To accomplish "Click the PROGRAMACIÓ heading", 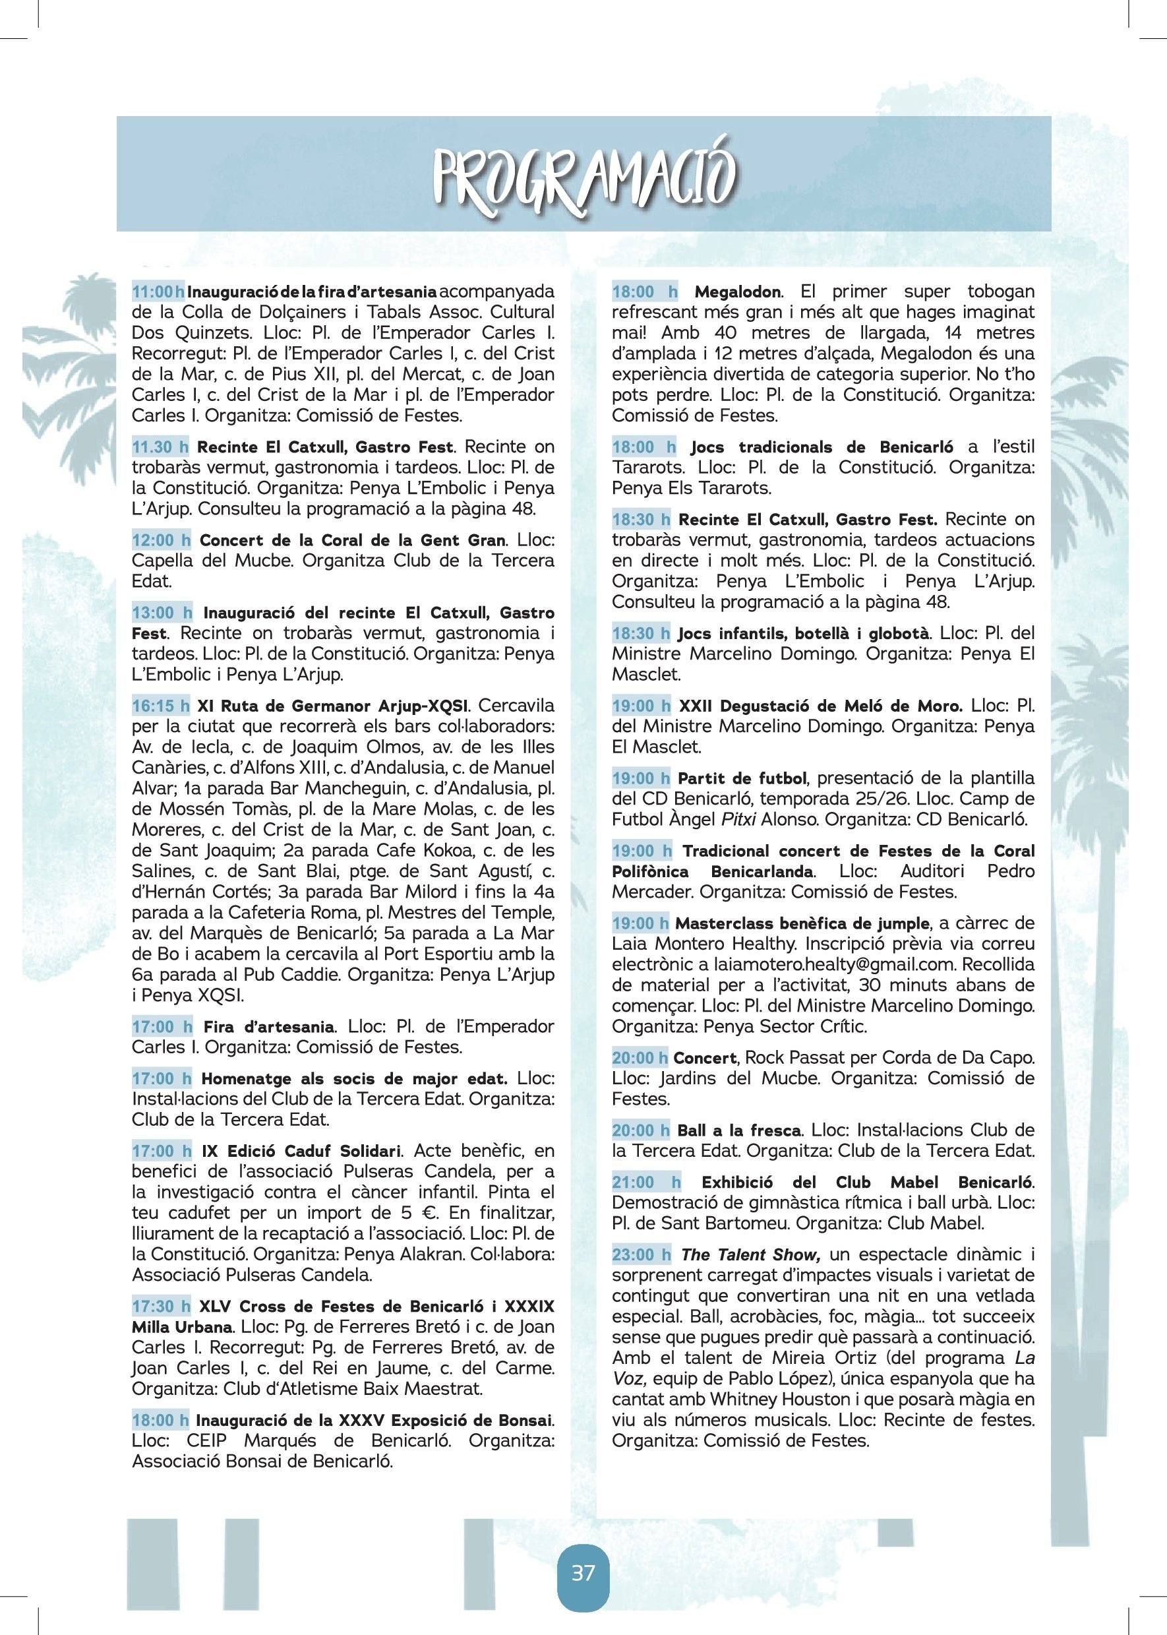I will (583, 177).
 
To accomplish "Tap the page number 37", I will (583, 1573).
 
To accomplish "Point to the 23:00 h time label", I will (641, 1255).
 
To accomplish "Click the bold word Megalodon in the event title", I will (737, 292).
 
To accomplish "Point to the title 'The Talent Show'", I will (750, 1255).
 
